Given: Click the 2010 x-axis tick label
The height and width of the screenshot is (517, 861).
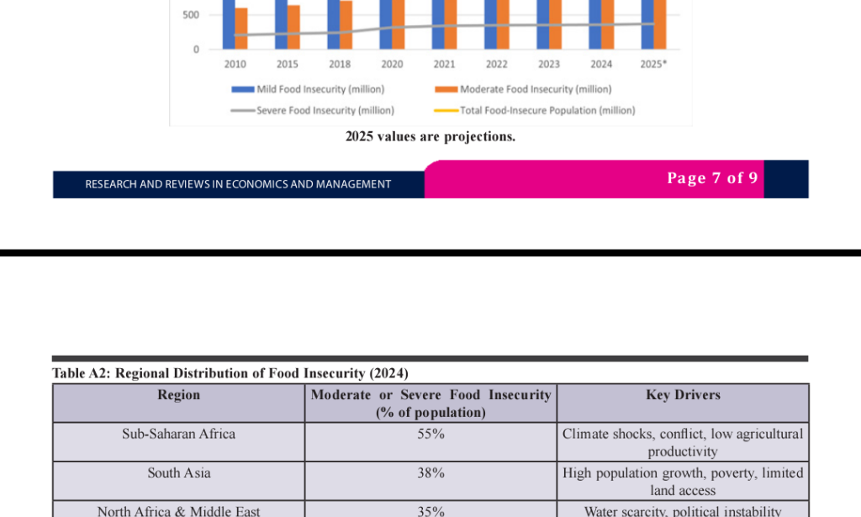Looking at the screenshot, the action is [235, 64].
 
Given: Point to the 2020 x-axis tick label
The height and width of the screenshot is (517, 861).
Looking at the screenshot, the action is [392, 64].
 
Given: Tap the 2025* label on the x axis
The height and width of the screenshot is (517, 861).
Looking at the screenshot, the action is [653, 64].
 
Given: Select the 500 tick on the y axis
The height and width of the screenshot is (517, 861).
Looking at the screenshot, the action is [191, 15].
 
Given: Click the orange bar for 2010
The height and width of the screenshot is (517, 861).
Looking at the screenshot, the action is [241, 29].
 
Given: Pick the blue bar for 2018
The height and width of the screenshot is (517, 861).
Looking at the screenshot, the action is [333, 24].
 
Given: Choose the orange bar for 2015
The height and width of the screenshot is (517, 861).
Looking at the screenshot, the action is [293, 28].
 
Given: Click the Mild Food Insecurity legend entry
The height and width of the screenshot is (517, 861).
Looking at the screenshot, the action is [308, 89].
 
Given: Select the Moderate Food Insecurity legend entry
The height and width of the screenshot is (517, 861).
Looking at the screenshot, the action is [523, 89].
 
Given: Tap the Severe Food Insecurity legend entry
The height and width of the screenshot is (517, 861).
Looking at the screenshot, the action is [313, 110].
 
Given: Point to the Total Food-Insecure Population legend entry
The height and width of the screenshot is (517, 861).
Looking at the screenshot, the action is [535, 110].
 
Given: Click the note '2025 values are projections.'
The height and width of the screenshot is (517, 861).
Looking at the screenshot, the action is [430, 136].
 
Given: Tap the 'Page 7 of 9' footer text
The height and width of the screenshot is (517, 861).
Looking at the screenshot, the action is [712, 178].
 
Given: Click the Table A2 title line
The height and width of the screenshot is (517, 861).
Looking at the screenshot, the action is [230, 373].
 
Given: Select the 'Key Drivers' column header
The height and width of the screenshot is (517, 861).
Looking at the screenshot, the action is [683, 394].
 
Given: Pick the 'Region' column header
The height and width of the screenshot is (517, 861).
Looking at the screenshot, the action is [179, 394].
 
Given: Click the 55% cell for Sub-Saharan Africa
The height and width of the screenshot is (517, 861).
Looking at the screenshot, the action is [430, 434].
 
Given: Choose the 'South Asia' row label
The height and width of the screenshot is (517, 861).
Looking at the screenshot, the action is [179, 473].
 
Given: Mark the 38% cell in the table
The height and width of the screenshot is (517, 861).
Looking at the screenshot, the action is [430, 473].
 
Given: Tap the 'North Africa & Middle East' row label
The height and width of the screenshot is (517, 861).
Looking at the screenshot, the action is [178, 511].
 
